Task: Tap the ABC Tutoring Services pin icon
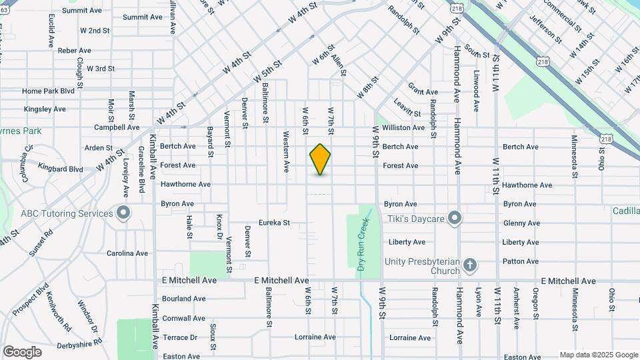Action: coord(123,214)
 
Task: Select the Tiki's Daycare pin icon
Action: coord(455,219)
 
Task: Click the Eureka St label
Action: coord(275,223)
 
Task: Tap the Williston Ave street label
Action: coord(404,127)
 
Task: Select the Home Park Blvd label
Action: coord(48,91)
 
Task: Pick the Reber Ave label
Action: coord(74,51)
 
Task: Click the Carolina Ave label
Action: coord(127,253)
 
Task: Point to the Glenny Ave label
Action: coord(521,223)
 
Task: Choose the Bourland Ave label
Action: coord(183,299)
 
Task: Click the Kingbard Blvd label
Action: coord(61,169)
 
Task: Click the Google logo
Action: coord(22,352)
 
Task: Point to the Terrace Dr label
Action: coord(180,337)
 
